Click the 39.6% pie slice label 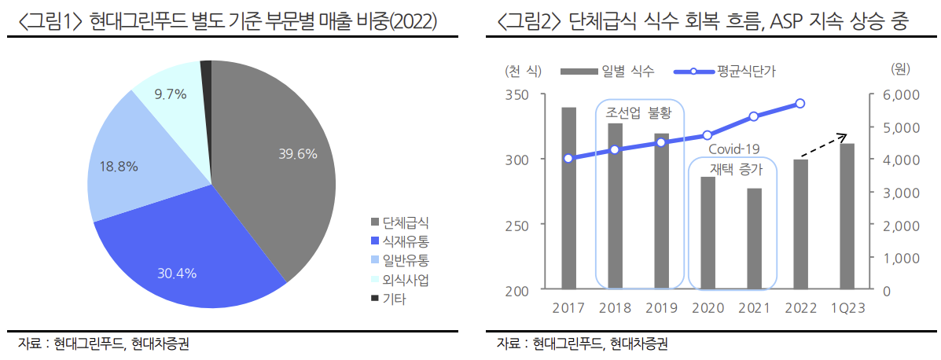298,154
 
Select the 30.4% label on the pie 177,274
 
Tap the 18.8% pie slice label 119,167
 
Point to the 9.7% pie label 171,94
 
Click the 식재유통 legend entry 406,240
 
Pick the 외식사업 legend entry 406,280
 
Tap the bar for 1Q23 847,216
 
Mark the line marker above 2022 800,103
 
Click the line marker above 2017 568,158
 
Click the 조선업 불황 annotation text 639,113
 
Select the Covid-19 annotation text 734,149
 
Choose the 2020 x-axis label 708,307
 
